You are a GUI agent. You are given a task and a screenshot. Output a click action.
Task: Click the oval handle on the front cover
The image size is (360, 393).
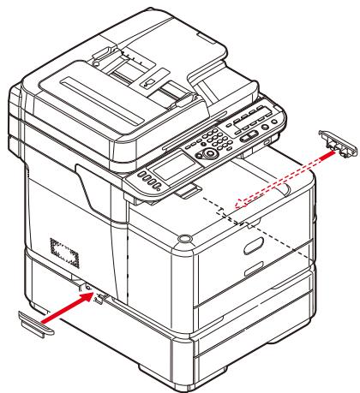255,248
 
